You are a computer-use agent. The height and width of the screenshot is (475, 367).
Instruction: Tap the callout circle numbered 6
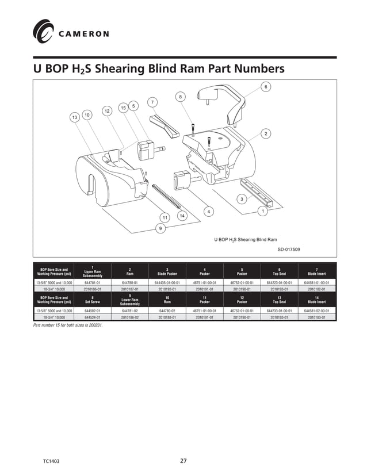coord(265,86)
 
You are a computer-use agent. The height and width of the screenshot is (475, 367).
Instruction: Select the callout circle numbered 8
coord(181,97)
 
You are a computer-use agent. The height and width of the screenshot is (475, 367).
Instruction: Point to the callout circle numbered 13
coord(74,117)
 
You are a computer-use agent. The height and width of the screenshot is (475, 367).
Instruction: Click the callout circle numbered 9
coord(160,228)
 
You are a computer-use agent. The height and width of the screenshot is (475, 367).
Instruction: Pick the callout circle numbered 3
coord(241,199)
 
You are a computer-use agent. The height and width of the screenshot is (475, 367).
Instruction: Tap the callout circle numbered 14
coord(182,215)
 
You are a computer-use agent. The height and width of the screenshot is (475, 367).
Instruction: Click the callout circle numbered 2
coord(265,133)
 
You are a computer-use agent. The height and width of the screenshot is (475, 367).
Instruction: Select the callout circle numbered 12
coord(106,110)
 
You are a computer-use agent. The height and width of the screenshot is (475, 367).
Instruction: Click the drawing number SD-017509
coord(289,249)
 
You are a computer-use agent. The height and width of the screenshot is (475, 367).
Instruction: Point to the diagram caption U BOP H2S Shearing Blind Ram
coord(246,239)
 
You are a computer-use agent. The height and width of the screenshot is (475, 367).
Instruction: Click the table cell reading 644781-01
coord(93,283)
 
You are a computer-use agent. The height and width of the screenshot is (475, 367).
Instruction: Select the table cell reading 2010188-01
coord(167,317)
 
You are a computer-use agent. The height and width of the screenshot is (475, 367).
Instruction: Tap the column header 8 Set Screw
coord(93,299)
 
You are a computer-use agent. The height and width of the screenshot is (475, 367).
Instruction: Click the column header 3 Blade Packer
coord(167,271)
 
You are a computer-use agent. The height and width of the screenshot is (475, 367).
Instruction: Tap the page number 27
coord(183,461)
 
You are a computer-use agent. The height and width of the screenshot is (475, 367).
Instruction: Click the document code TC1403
coord(51,461)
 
